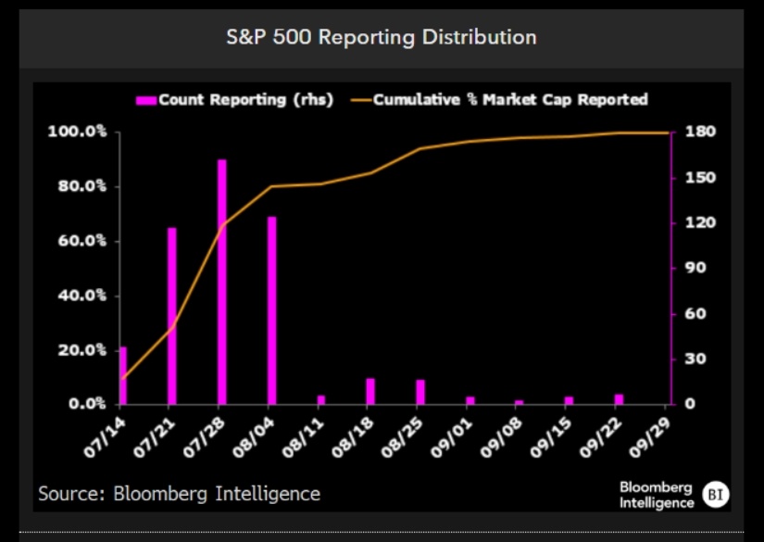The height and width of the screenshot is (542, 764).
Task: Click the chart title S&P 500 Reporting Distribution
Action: (382, 38)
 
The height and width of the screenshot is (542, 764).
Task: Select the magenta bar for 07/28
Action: (221, 282)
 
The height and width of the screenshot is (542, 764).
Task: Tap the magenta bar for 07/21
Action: (172, 316)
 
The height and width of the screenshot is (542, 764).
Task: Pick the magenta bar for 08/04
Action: (272, 310)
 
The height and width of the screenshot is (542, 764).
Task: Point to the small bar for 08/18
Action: (370, 391)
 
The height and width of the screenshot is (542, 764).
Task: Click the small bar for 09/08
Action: (519, 403)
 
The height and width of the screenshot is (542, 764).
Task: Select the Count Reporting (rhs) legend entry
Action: (235, 100)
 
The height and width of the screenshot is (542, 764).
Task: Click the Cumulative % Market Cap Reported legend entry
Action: (499, 100)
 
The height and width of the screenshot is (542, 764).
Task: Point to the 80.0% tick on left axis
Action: (81, 186)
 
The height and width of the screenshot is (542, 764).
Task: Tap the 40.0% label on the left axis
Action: (81, 296)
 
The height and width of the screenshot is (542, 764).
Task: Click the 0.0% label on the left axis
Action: (87, 404)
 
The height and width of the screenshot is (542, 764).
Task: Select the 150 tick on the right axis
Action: (701, 177)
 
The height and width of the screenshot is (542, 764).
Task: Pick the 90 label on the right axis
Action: (695, 268)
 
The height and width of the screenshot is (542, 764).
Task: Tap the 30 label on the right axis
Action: (695, 359)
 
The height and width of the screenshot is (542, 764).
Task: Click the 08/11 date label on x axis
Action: (304, 437)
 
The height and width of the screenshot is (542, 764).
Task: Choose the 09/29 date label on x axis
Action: (650, 437)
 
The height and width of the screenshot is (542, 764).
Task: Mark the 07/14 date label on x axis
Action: (105, 437)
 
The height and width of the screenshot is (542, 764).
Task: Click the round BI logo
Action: (716, 495)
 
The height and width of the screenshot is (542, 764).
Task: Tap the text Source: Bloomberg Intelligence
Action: (180, 494)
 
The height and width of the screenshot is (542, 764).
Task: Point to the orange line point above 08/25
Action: (420, 148)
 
